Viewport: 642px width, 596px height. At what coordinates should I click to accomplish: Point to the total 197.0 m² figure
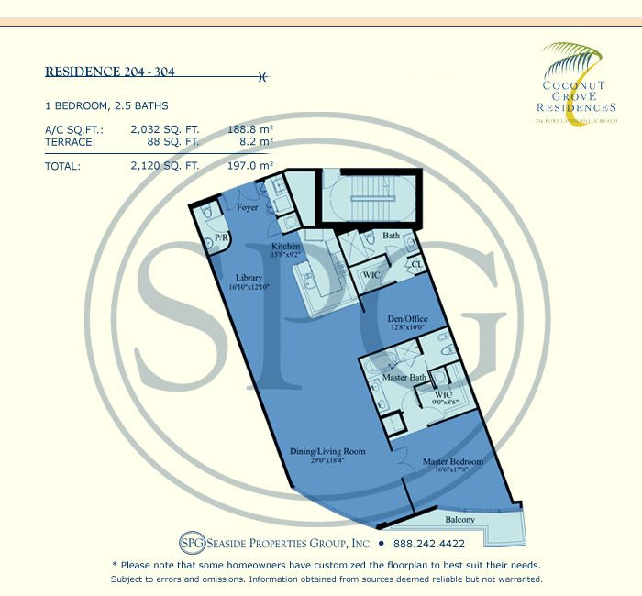(x=250, y=166)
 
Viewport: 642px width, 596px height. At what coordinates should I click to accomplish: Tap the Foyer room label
(x=247, y=208)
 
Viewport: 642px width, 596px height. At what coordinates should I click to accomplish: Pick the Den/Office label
(x=408, y=318)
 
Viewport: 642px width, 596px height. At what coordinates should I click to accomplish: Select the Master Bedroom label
(x=451, y=461)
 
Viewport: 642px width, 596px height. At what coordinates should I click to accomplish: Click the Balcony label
(x=459, y=519)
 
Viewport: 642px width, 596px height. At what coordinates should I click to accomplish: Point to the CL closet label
(x=414, y=265)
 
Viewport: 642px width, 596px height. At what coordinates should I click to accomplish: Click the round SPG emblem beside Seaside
(x=167, y=542)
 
